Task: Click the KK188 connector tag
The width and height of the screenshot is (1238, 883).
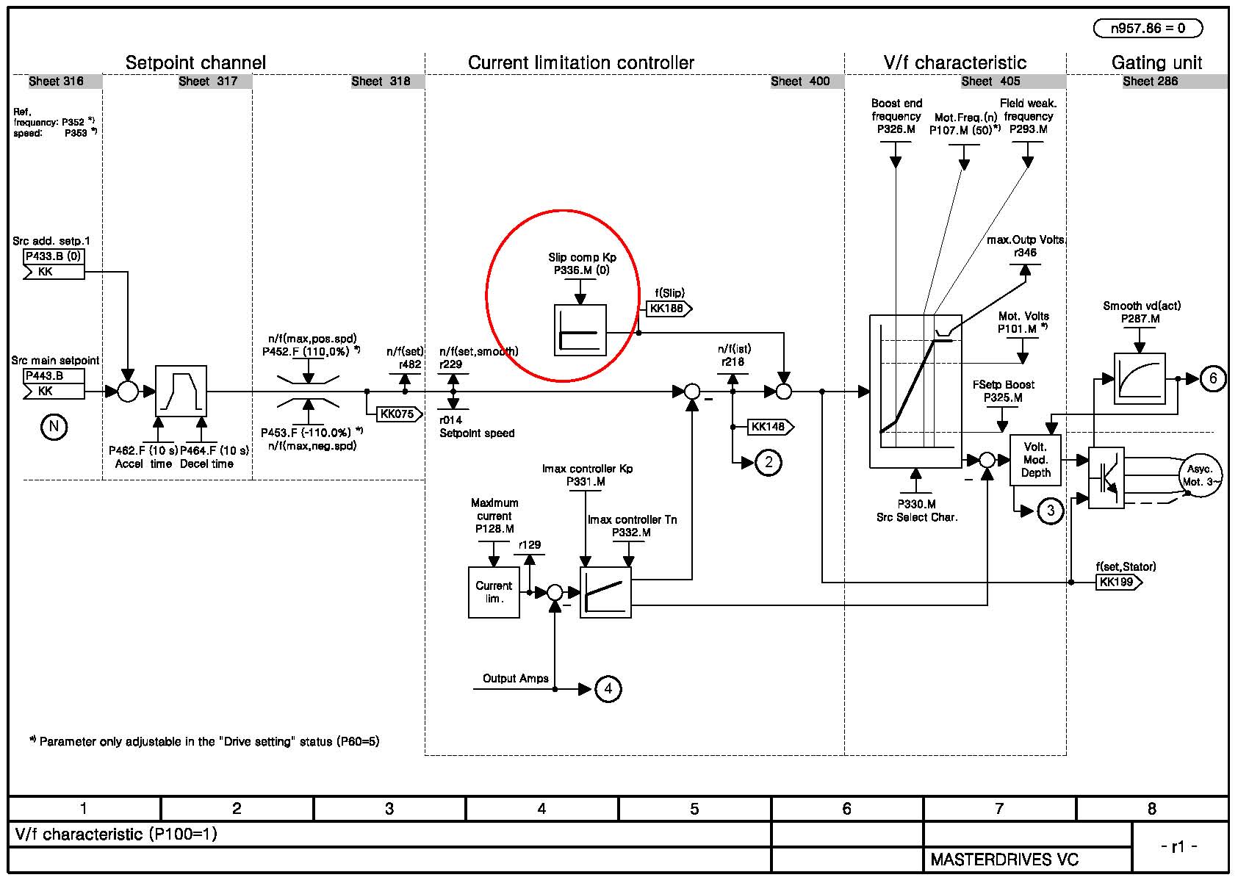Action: point(669,309)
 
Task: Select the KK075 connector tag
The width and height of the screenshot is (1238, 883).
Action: point(399,414)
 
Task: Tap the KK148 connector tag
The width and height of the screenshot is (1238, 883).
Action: point(771,427)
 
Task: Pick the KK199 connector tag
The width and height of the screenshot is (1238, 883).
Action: point(1119,582)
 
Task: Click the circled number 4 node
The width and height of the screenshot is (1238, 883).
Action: point(608,688)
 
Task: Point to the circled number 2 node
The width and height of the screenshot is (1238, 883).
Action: point(769,462)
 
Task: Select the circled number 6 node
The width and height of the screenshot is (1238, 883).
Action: point(1212,378)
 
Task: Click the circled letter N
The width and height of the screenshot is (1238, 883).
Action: point(54,427)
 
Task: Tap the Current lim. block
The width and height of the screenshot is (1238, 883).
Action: point(494,592)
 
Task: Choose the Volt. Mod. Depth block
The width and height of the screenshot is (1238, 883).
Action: point(1035,460)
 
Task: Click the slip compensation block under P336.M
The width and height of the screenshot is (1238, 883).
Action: point(580,331)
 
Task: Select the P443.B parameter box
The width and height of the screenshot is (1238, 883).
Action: point(54,375)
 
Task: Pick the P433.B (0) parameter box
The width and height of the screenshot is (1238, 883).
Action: point(54,256)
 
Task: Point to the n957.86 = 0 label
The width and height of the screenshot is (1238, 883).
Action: point(1148,28)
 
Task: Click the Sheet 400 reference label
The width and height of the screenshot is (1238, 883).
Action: point(800,82)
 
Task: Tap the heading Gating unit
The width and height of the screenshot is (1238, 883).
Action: point(1156,62)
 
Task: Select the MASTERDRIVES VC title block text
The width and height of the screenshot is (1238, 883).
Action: point(1004,859)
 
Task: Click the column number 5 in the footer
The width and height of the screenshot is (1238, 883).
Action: point(694,808)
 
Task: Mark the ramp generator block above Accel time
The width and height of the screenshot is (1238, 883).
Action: point(181,392)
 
